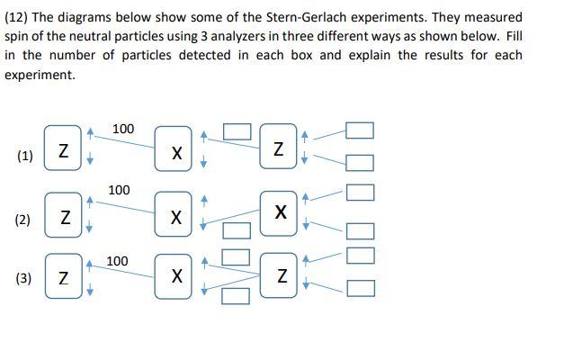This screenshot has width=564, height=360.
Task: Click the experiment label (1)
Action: tap(25, 156)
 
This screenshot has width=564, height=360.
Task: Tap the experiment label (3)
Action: tap(25, 279)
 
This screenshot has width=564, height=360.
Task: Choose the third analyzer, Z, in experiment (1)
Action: tap(278, 148)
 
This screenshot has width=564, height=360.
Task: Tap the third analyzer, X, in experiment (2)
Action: tap(280, 212)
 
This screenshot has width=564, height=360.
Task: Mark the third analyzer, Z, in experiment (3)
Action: tap(282, 278)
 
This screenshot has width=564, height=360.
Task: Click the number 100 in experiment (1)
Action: tap(123, 129)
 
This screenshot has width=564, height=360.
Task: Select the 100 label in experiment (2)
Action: tap(119, 190)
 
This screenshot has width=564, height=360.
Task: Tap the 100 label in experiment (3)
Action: tap(117, 261)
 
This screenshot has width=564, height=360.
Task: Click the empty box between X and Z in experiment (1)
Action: tap(237, 131)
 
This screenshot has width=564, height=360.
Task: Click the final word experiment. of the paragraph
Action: tap(40, 75)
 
